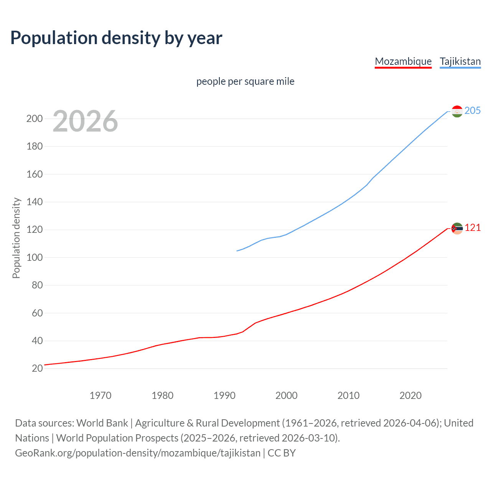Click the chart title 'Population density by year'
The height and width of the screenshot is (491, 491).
[116, 38]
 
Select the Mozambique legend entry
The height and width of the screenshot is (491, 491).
[403, 61]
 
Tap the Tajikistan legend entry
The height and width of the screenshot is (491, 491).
[460, 61]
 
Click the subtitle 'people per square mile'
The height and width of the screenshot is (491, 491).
[245, 81]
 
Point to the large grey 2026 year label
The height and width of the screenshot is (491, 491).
[85, 121]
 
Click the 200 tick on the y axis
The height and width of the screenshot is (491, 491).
[35, 119]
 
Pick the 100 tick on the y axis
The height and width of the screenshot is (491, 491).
[35, 257]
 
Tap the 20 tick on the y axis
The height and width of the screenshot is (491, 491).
[37, 369]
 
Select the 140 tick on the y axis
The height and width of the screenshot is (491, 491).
[35, 202]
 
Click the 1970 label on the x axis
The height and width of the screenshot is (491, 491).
[101, 395]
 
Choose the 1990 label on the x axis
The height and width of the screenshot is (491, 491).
[224, 395]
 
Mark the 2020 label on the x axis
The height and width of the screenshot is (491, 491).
[410, 395]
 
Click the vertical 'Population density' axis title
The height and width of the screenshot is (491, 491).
[16, 238]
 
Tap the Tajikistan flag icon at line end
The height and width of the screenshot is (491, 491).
[457, 111]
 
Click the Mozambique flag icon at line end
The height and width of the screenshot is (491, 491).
[457, 228]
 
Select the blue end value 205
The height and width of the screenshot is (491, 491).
[473, 110]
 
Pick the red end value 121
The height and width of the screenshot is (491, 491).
[473, 228]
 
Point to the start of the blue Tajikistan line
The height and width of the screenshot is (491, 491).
[237, 251]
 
